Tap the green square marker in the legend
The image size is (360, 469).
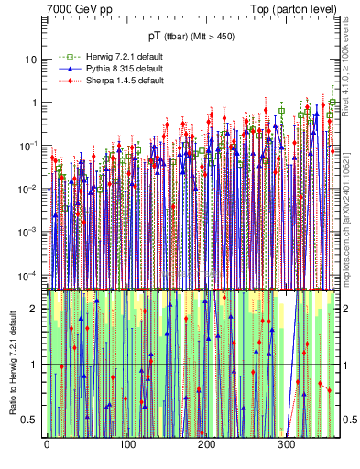point(63,57)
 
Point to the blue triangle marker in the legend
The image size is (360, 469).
point(63,69)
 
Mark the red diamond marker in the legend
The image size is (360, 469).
point(63,81)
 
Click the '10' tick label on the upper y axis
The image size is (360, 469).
point(31,60)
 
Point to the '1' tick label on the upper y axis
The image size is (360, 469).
point(34,103)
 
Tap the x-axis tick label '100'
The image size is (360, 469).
point(126,445)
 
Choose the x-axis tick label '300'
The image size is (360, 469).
point(287,445)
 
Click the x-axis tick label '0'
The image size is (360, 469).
point(47,445)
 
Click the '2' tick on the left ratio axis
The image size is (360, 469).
point(35,308)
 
